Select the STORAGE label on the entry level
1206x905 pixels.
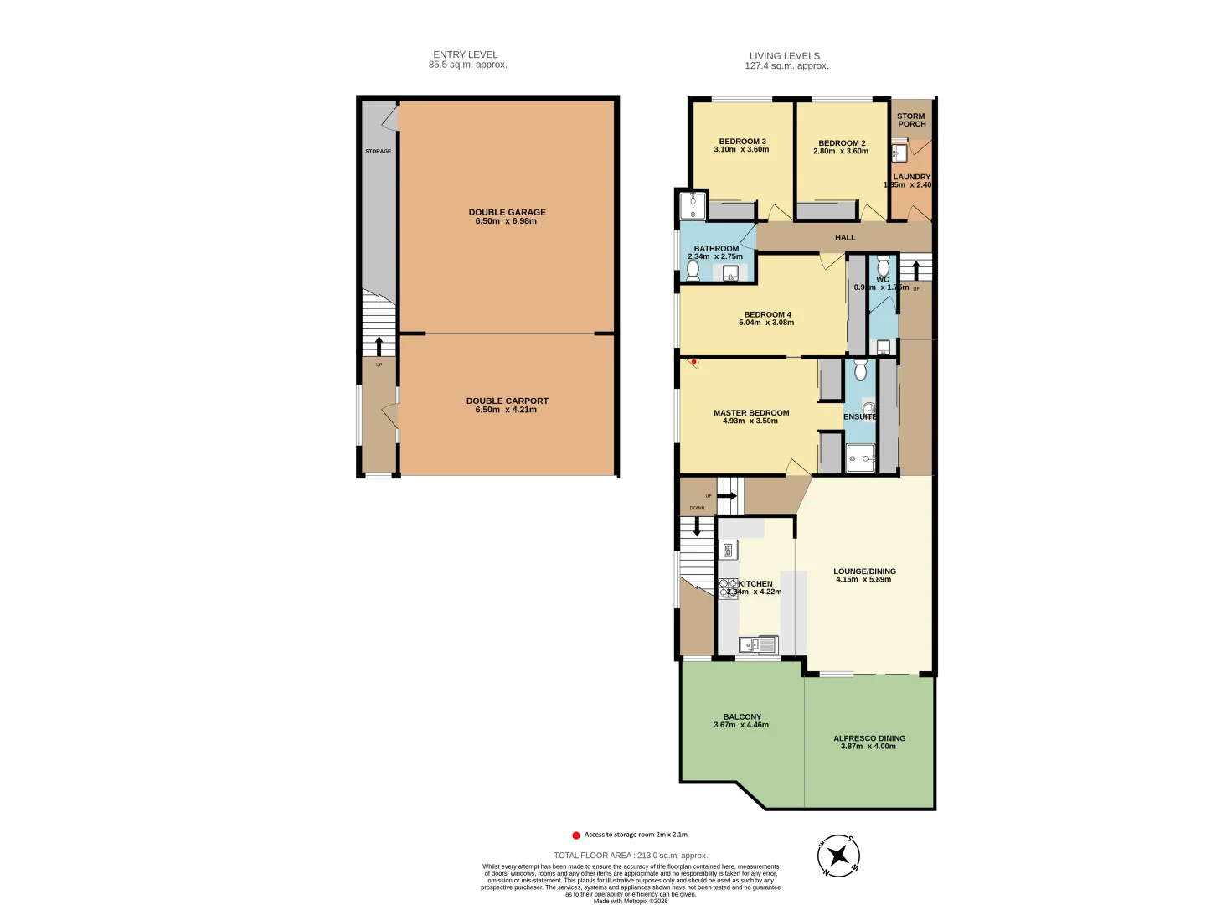[378, 152]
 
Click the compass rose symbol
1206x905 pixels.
[838, 856]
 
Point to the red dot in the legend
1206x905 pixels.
[575, 835]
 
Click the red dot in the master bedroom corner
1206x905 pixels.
[693, 362]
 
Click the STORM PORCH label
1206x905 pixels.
[911, 120]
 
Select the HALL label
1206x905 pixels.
[845, 238]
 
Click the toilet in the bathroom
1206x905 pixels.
[693, 270]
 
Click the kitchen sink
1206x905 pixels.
[759, 644]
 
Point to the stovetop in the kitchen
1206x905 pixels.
[728, 588]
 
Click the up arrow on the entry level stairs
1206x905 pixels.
[379, 345]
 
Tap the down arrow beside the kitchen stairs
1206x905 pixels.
[697, 526]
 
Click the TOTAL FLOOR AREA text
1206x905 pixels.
[630, 856]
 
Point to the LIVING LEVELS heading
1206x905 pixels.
[785, 56]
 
